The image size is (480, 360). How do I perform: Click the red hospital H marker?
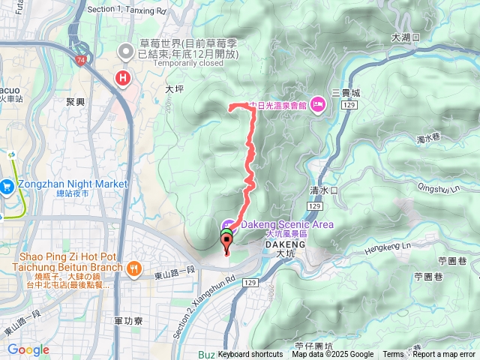point(121,78)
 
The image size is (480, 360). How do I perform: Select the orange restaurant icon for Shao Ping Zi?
point(133,268)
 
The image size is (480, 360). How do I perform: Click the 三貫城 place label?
point(346,93)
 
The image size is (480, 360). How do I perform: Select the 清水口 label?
point(324,191)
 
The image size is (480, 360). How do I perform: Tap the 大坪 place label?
point(174,88)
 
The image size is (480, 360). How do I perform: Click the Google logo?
point(28,349)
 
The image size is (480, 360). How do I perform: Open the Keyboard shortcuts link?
point(250,355)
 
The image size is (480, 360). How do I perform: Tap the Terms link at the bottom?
point(393,355)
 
